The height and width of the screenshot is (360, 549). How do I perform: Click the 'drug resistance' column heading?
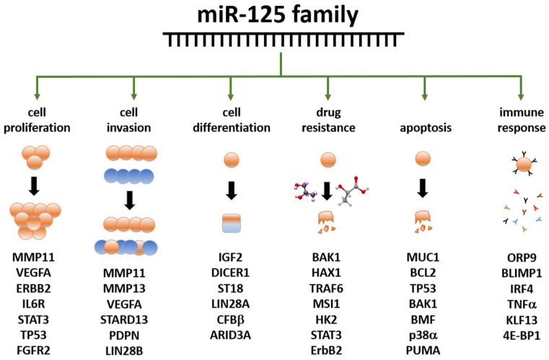click(328, 120)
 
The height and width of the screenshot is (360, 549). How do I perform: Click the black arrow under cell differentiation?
click(231, 190)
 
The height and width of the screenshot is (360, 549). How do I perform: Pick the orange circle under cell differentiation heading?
click(231, 159)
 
